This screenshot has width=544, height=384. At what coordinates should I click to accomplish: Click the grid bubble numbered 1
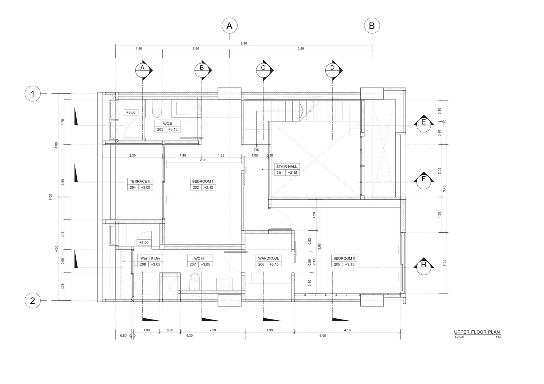[x=33, y=94]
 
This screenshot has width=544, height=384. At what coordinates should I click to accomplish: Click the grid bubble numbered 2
[x=33, y=301]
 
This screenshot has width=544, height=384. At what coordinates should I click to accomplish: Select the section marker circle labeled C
[x=263, y=68]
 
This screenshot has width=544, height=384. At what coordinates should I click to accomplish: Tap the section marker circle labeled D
[x=333, y=68]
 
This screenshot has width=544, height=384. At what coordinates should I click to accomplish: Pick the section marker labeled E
[x=424, y=122]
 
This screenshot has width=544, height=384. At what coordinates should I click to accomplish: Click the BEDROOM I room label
[x=203, y=181]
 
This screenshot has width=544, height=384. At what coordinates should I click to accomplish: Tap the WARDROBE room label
[x=269, y=258]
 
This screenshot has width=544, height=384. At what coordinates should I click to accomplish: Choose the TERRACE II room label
[x=140, y=181]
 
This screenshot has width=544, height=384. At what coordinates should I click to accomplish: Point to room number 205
[x=337, y=265]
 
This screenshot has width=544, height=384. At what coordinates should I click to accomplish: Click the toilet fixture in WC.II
[x=156, y=109]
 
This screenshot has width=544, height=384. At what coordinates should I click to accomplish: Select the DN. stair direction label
[x=257, y=149]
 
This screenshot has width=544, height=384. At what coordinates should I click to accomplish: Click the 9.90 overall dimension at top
[x=244, y=44]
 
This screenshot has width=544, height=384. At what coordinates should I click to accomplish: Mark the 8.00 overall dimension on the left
[x=50, y=197]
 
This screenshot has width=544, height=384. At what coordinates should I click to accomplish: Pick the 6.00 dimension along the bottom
[x=323, y=336]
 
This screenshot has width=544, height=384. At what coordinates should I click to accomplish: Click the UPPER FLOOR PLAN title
[x=477, y=332]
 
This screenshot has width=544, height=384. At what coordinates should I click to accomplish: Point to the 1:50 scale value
[x=498, y=337]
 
